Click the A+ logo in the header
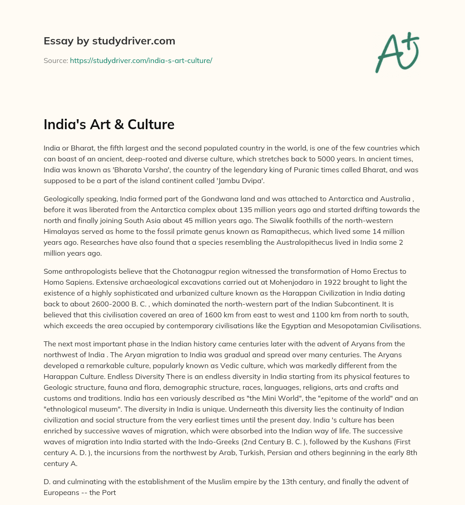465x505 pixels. point(397,52)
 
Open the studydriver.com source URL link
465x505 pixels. point(141,60)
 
